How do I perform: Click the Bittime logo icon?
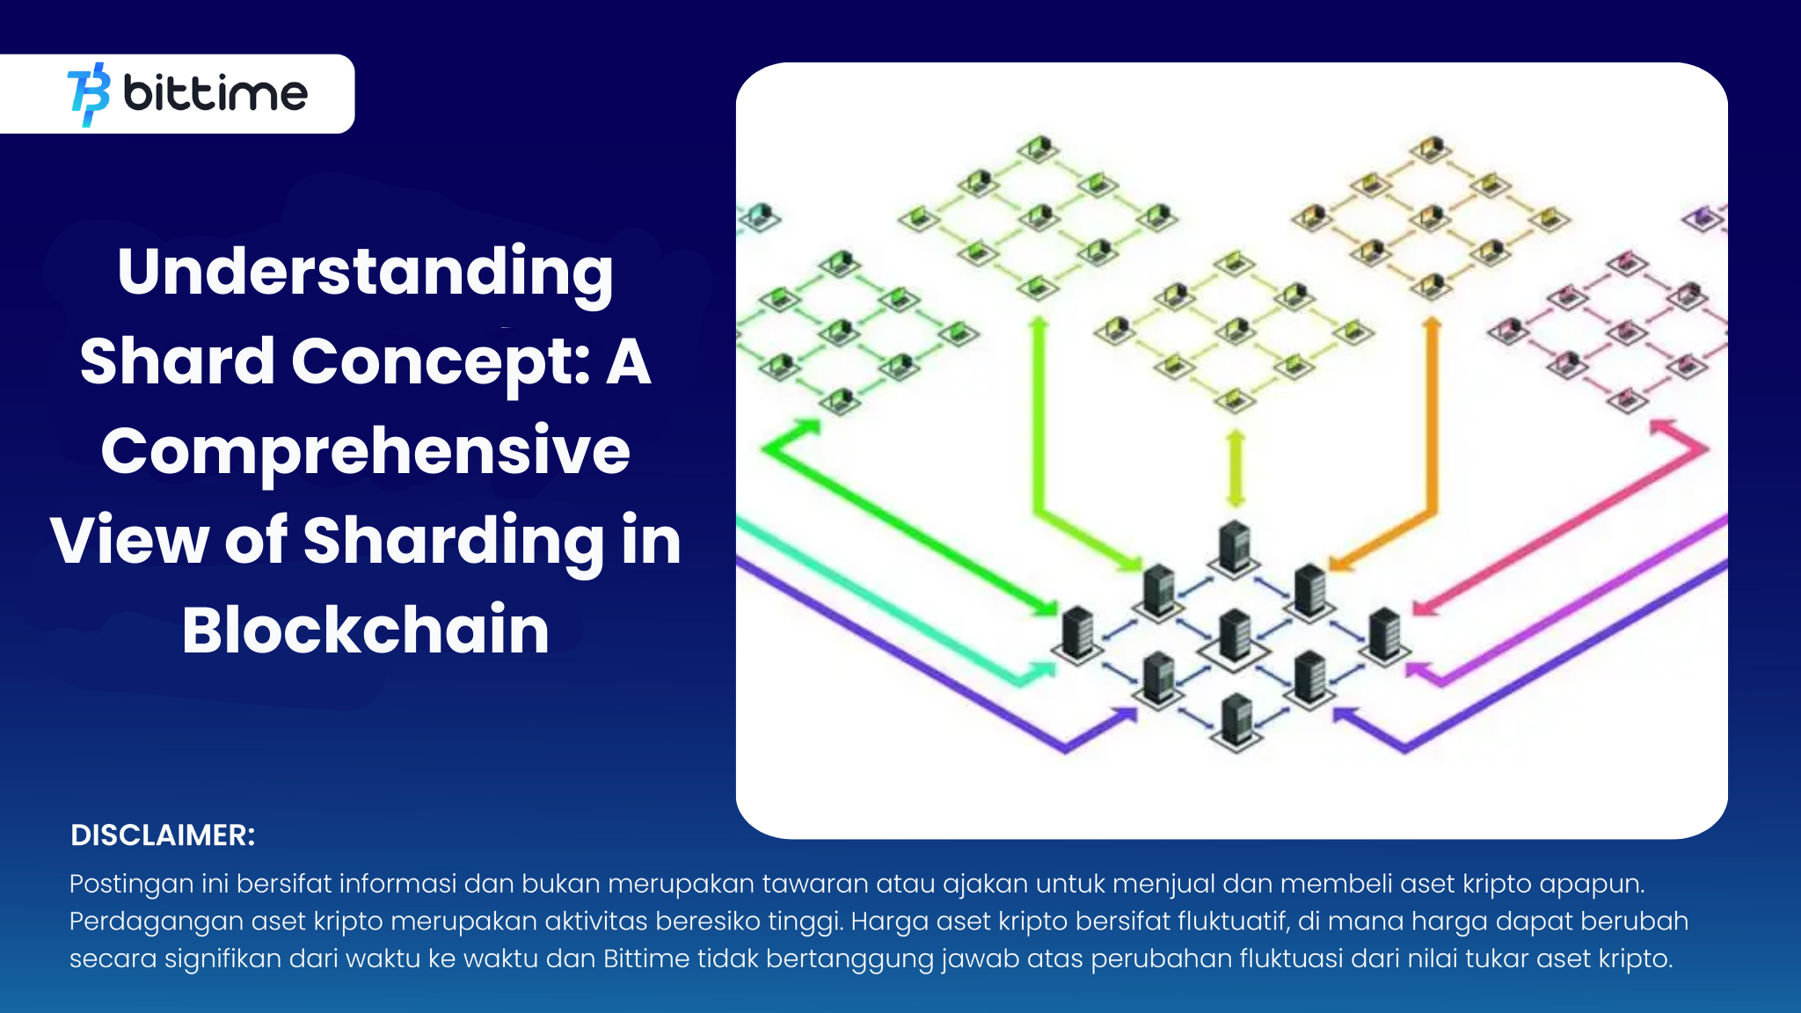[89, 94]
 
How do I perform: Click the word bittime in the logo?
[215, 92]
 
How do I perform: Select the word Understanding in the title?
[366, 272]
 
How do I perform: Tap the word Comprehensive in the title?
[366, 450]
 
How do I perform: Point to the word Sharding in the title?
[454, 541]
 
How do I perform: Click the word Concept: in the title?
[441, 361]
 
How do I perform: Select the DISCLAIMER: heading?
[163, 835]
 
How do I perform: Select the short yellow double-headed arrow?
[1236, 468]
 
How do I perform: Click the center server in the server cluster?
[1235, 635]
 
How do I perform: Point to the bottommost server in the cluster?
[1236, 720]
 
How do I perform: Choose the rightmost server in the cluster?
[1385, 633]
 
